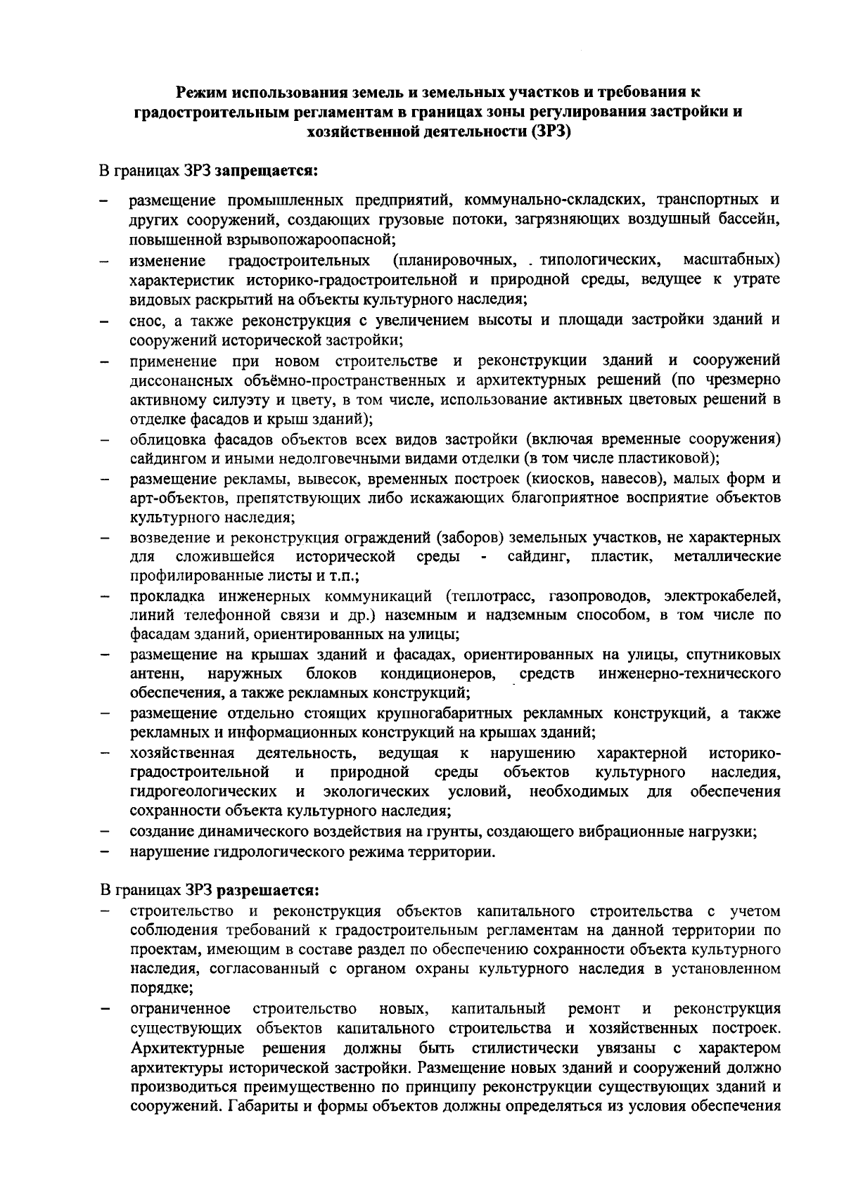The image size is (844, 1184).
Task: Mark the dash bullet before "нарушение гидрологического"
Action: pyautogui.click(x=104, y=853)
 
